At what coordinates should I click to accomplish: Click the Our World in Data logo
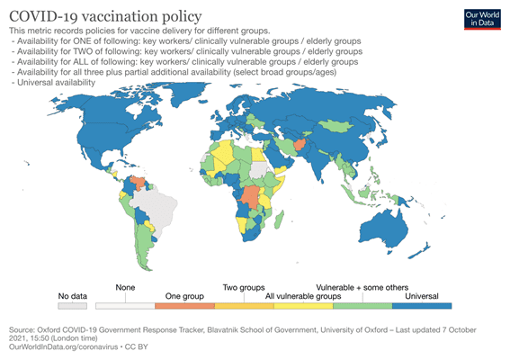click(x=482, y=20)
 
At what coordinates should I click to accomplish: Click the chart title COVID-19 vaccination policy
click(x=105, y=16)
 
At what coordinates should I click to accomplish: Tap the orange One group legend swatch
click(x=184, y=306)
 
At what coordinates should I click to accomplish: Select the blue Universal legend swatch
click(x=422, y=306)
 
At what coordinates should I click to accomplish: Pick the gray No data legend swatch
click(x=73, y=306)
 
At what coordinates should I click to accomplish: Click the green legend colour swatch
click(x=362, y=306)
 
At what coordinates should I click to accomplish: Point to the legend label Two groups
click(x=244, y=288)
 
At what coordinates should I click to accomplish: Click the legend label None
click(x=125, y=288)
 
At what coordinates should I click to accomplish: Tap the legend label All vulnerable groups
click(x=303, y=296)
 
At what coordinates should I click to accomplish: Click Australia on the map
click(x=386, y=229)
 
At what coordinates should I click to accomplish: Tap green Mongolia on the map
click(x=335, y=125)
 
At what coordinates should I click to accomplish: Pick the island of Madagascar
click(x=279, y=220)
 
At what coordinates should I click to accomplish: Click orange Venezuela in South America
click(x=139, y=183)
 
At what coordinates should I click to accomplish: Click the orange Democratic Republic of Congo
click(x=250, y=197)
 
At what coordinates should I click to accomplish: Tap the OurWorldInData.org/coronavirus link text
click(x=64, y=347)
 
